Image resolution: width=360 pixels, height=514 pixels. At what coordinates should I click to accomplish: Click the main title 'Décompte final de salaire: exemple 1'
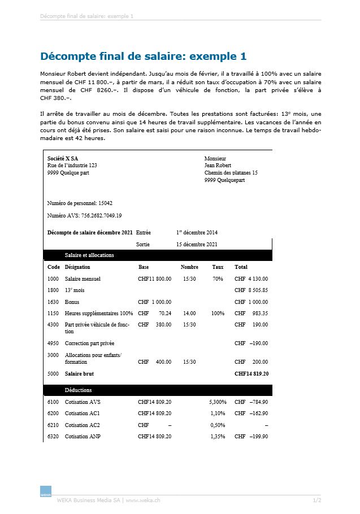[x=144, y=56]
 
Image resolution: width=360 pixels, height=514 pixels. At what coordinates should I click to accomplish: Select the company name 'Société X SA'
[x=63, y=158]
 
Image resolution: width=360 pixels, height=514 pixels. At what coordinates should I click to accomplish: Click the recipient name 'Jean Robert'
[x=218, y=165]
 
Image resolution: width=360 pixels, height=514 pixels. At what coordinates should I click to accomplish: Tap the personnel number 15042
[x=105, y=203]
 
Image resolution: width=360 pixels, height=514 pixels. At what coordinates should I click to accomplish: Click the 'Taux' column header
[x=218, y=267]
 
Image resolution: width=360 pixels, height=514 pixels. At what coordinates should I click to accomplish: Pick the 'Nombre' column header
[x=189, y=267]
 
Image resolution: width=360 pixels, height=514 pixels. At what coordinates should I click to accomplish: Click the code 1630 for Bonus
[x=53, y=302]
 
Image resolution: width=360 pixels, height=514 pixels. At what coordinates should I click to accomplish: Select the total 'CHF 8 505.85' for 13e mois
[x=251, y=290]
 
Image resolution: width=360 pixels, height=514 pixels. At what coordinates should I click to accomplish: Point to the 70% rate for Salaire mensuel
[x=218, y=278]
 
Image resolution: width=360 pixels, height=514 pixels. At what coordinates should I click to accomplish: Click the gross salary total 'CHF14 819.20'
[x=251, y=373]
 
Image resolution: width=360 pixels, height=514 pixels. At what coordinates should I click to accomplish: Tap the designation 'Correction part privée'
[x=89, y=343]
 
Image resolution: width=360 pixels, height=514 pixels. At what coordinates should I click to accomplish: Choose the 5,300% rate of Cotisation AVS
[x=218, y=402]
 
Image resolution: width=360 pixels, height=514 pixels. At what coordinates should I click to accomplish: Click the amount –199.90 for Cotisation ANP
[x=259, y=437]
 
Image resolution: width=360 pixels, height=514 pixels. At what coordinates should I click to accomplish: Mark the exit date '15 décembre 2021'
[x=197, y=245]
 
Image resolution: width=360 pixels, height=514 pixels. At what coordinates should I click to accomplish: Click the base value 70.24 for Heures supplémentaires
[x=164, y=313]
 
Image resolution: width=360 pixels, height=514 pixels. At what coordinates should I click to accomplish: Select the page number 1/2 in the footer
[x=317, y=500]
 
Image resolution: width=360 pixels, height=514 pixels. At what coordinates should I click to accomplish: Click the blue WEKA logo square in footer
[x=46, y=491]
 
